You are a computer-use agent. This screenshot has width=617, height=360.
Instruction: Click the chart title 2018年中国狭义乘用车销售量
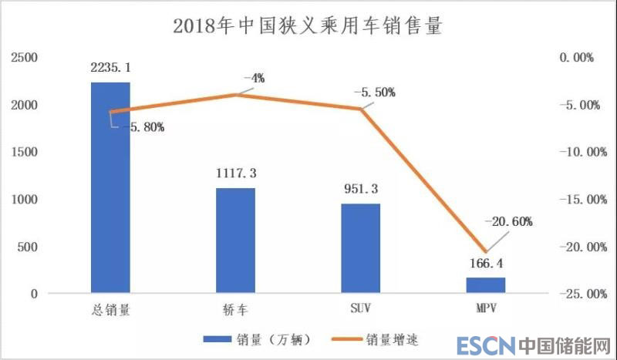308,25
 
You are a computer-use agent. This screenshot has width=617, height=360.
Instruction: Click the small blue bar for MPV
486,285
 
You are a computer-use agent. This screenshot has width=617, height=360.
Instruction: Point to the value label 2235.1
111,68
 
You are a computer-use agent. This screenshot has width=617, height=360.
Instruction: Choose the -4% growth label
254,78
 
